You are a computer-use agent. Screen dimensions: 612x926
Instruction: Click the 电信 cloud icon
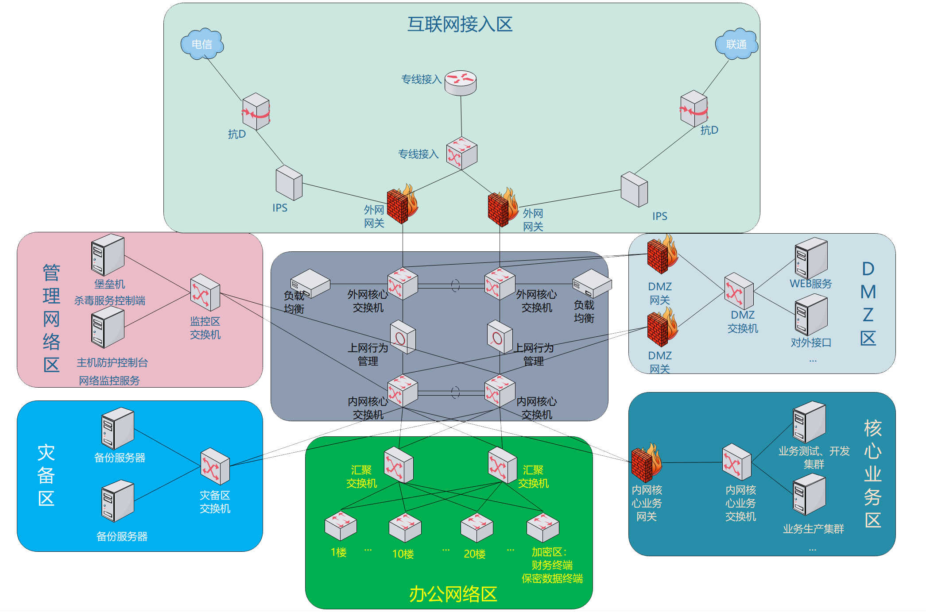pyautogui.click(x=202, y=44)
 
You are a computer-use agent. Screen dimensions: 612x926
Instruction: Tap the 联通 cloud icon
pyautogui.click(x=736, y=44)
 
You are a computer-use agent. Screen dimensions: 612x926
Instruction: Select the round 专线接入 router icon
pyautogui.click(x=461, y=82)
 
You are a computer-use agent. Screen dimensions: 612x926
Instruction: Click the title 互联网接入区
pyautogui.click(x=460, y=24)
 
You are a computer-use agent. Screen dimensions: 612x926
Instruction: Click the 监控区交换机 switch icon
pyautogui.click(x=205, y=293)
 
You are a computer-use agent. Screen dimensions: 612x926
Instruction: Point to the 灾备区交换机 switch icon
pyautogui.click(x=215, y=466)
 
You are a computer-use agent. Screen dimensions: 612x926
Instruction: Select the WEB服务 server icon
pyautogui.click(x=810, y=258)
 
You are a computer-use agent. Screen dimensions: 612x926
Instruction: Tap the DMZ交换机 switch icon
pyautogui.click(x=739, y=291)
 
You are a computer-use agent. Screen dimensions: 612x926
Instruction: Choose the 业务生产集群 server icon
pyautogui.click(x=809, y=494)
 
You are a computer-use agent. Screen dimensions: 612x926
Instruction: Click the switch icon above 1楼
pyautogui.click(x=341, y=526)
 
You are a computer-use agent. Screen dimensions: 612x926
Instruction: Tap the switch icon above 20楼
pyautogui.click(x=477, y=528)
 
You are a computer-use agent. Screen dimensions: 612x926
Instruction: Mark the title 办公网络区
pyautogui.click(x=453, y=594)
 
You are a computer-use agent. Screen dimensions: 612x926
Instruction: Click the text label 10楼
pyautogui.click(x=403, y=554)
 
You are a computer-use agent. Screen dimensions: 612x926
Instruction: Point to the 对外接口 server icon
pyautogui.click(x=810, y=316)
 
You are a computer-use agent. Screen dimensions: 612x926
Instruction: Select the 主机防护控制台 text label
pyautogui.click(x=112, y=363)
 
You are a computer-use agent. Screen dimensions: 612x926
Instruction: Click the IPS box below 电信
pyautogui.click(x=289, y=183)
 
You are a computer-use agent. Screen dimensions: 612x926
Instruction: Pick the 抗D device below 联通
pyautogui.click(x=694, y=108)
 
